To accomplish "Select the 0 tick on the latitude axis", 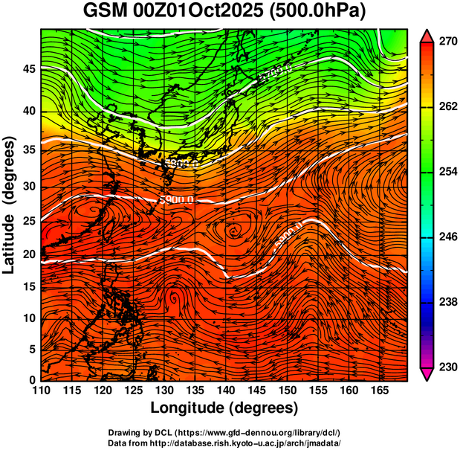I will coord(32,381).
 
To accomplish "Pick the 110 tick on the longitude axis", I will coord(41,390).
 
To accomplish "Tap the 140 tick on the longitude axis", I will coord(225,390).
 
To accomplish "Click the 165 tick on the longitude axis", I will coord(378,390).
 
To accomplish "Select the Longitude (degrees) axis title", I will coord(224,408).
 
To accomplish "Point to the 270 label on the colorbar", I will coord(444,42).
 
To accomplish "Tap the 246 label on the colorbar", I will coord(444,237).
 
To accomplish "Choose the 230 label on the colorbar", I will coord(444,367).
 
